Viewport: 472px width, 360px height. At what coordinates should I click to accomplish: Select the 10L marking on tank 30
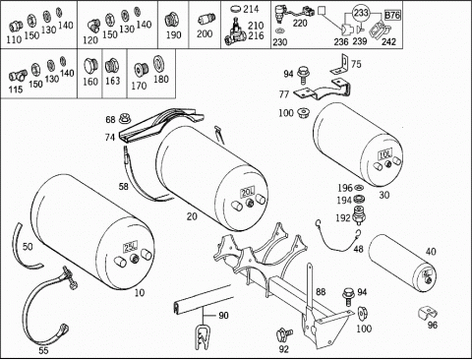pos(384,153)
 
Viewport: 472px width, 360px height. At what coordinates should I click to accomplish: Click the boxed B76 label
pos(392,15)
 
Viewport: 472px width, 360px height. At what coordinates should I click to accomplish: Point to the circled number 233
pos(361,13)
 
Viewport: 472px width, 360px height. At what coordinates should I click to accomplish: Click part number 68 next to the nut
pos(110,120)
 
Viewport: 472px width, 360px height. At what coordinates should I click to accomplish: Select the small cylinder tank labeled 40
pos(402,262)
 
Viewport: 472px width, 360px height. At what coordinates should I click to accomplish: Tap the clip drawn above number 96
pos(428,313)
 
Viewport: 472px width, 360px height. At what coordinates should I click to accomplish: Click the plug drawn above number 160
pos(89,66)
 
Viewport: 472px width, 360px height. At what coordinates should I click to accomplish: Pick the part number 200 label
pos(205,33)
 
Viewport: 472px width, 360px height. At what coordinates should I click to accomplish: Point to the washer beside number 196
pos(359,188)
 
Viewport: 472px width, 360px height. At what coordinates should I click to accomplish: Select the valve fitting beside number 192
pos(360,215)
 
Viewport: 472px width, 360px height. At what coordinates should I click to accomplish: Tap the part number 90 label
pos(223,316)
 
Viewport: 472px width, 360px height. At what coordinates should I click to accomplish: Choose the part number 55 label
pos(43,350)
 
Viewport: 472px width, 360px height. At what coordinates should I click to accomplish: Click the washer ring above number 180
pos(159,64)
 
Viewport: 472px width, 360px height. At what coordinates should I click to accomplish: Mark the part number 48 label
pos(359,249)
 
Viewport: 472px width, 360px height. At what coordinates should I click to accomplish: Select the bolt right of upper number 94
pos(303,76)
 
